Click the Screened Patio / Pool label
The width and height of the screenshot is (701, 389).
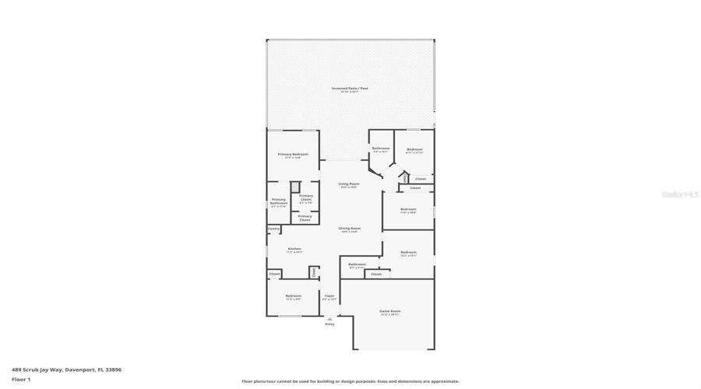[x=350, y=89]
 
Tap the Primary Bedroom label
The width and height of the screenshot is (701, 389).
[x=293, y=154]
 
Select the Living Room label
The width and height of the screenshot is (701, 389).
[x=349, y=184]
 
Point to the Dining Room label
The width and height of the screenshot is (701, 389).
[x=349, y=228]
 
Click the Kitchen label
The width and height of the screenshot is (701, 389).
[x=294, y=249]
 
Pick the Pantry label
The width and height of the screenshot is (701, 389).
[x=273, y=229]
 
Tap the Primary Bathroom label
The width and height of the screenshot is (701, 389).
[x=279, y=202]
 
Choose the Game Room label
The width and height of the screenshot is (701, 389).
[x=389, y=311]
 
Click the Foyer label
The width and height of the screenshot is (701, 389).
[x=329, y=296]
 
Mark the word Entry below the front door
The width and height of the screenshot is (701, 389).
[x=329, y=324]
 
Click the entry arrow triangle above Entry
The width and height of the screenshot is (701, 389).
[x=329, y=317]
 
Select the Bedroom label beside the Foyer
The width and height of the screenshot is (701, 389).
[x=293, y=296]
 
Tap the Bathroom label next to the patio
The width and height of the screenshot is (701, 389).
[x=381, y=149]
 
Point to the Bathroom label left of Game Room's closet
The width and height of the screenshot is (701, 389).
[x=357, y=265]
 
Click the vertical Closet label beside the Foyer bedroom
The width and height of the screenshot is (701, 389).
[x=314, y=272]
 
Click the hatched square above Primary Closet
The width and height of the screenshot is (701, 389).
[x=295, y=186]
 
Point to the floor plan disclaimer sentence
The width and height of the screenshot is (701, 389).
[x=350, y=381]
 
